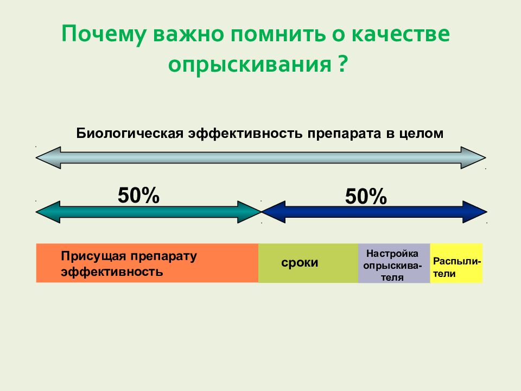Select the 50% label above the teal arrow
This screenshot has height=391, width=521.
pos(138,195)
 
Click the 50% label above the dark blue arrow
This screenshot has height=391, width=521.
pos(366,197)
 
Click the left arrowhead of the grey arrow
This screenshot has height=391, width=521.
pos(48,157)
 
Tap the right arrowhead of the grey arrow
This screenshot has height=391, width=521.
pos(473,157)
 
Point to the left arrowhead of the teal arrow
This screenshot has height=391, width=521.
pos(48,212)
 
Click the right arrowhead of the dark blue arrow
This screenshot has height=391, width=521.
pos(475,212)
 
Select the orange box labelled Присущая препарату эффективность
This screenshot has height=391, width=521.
pos(147,263)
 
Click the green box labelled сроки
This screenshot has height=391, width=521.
pos(308,263)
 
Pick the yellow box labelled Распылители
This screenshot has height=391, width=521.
pos(456,263)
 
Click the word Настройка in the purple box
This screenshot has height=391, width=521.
pos(392,254)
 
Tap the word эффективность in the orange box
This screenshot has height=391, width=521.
pos(112,272)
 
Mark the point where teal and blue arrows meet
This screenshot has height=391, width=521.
pos(261,212)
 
